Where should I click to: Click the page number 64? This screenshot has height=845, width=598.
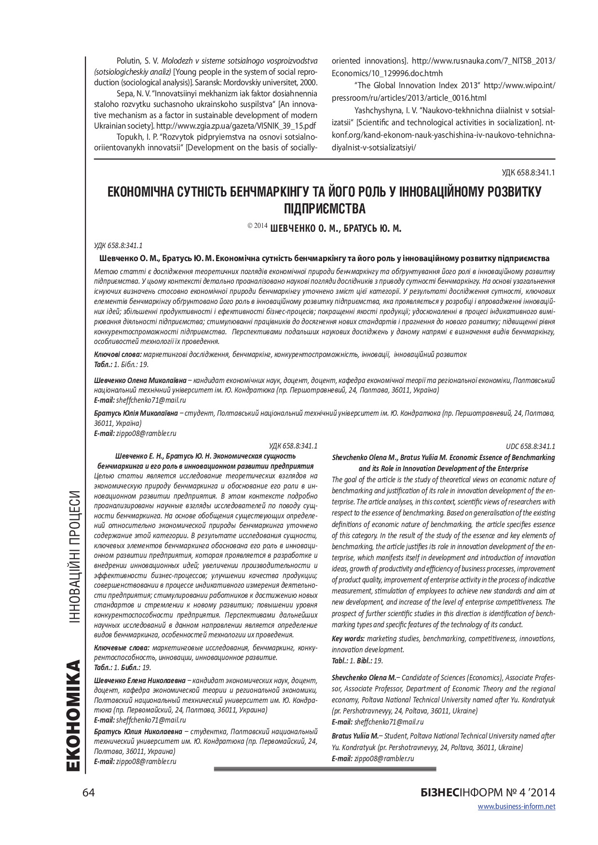tap(89, 792)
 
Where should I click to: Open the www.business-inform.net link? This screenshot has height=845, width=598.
tap(516, 806)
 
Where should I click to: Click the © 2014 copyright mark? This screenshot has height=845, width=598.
tap(257, 225)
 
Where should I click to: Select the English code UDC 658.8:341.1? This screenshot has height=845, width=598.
tap(530, 447)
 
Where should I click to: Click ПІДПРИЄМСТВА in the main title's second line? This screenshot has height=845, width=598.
tap(325, 209)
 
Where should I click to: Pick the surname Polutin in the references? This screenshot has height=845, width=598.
tap(128, 61)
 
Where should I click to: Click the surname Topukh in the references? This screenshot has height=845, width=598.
tap(128, 137)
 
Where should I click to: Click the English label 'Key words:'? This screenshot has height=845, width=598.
tap(348, 639)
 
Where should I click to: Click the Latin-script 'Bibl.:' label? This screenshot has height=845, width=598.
tap(364, 661)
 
